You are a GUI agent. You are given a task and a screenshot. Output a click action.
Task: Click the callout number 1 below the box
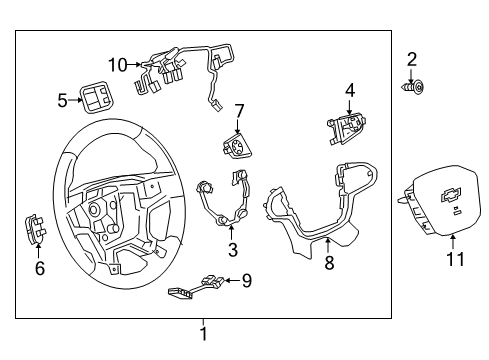(203, 335)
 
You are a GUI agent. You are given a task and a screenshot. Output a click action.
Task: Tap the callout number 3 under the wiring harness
(232, 249)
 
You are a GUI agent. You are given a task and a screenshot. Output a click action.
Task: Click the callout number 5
(62, 100)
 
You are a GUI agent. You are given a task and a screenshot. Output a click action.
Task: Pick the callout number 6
(40, 267)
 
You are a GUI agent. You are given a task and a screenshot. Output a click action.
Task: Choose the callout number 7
(239, 109)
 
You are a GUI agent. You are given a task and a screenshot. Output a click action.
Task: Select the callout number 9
(246, 281)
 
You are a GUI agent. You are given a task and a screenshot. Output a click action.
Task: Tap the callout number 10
(118, 65)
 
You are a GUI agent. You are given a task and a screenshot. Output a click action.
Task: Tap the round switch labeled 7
(239, 148)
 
